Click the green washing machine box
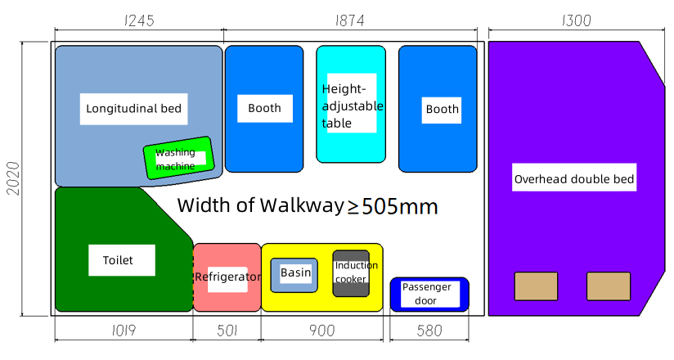coord(177,158)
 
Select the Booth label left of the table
coord(264,108)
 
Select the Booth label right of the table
coord(442,109)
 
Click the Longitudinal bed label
coord(133,108)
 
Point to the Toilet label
coord(118,260)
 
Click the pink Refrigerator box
coord(227,277)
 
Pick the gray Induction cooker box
coord(352,272)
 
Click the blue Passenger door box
coord(429,295)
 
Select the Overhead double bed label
coord(574,179)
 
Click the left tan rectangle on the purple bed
coord(535,286)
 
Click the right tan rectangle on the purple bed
coord(608,286)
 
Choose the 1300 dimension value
coord(576,21)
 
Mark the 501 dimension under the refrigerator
coord(227,331)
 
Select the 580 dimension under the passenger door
coord(429,331)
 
